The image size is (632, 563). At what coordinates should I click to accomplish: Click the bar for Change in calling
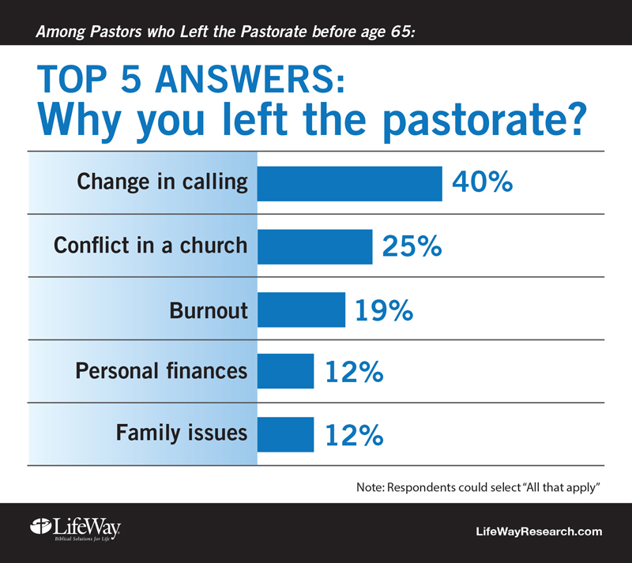tap(349, 183)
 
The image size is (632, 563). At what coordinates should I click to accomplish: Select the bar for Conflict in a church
tap(314, 246)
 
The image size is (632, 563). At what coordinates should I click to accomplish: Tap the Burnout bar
tap(302, 310)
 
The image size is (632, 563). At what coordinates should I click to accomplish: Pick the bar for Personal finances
tap(285, 371)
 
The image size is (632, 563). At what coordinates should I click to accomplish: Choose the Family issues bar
tap(285, 434)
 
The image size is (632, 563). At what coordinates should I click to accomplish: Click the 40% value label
tap(483, 182)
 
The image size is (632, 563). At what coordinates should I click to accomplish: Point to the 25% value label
tap(412, 246)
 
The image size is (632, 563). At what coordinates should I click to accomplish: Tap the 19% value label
tap(384, 310)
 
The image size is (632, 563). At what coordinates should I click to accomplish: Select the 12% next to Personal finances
tap(354, 372)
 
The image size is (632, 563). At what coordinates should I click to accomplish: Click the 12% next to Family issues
tap(354, 435)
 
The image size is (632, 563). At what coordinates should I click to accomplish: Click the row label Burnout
tap(209, 310)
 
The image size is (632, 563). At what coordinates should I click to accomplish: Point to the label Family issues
tap(182, 433)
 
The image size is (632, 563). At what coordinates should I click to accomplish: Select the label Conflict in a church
tap(150, 245)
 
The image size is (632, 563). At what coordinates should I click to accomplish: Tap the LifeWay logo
tap(75, 529)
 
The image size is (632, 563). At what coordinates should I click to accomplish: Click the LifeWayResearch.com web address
tap(539, 531)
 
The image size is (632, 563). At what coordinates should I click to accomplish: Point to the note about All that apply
tap(479, 488)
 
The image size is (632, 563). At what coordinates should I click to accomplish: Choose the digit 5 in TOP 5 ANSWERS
tap(131, 79)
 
